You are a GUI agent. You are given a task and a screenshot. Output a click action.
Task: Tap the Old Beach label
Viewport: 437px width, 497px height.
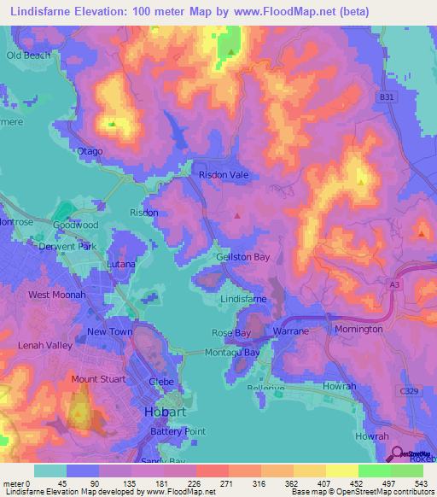(29, 56)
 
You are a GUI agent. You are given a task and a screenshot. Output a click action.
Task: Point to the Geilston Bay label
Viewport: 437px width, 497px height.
(243, 257)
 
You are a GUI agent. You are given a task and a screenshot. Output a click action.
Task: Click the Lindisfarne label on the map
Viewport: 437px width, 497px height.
(244, 301)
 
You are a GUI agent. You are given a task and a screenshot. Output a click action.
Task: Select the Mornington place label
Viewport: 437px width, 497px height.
(358, 329)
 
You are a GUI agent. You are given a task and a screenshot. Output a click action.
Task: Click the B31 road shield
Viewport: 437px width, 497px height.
(387, 98)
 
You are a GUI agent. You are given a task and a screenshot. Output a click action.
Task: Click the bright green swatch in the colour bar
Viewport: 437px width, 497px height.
(375, 471)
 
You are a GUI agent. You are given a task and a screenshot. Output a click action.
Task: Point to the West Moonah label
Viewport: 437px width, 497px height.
(57, 295)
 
